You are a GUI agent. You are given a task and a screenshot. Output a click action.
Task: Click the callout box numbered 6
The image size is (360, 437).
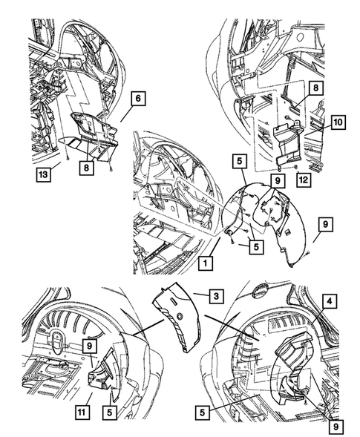pyautogui.click(x=138, y=99)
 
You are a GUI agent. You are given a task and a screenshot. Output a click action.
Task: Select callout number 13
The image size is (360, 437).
pyautogui.click(x=44, y=174)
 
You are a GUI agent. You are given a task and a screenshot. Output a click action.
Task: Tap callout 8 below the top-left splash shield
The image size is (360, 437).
pyautogui.click(x=86, y=168)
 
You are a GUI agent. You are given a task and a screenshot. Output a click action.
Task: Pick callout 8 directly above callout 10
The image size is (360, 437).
pyautogui.click(x=315, y=88)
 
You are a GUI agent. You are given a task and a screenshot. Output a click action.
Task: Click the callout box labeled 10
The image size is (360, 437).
pyautogui.click(x=338, y=122)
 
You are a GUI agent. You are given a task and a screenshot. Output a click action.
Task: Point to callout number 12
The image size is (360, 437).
pyautogui.click(x=304, y=180)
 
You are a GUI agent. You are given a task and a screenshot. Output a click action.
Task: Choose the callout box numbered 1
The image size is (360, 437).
pyautogui.click(x=206, y=263)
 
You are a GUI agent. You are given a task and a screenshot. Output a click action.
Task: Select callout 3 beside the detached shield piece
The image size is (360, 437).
pyautogui.click(x=217, y=296)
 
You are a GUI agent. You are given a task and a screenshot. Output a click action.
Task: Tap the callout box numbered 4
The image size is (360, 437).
pyautogui.click(x=330, y=301)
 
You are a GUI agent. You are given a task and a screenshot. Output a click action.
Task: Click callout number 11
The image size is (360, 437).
pyautogui.click(x=82, y=412)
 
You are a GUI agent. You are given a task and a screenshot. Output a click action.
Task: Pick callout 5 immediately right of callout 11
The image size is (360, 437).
pyautogui.click(x=110, y=412)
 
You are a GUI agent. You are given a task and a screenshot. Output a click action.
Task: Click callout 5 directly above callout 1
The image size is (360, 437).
pyautogui.click(x=256, y=246)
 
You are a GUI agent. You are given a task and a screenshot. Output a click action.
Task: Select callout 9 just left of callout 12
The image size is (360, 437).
pyautogui.click(x=278, y=180)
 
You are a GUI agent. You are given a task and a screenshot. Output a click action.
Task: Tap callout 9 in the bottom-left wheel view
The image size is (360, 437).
pyautogui.click(x=89, y=346)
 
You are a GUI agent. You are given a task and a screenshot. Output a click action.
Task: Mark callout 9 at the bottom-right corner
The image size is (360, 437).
pyautogui.click(x=336, y=427)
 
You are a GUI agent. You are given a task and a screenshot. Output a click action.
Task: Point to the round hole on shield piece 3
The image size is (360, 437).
pyautogui.click(x=180, y=316)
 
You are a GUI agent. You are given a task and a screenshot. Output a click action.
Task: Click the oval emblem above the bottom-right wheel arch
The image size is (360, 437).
pyautogui.click(x=260, y=292)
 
